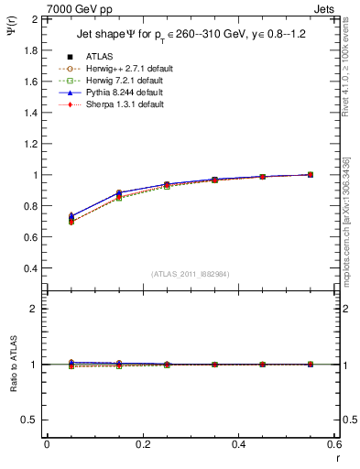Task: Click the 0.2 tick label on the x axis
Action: [142, 444]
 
